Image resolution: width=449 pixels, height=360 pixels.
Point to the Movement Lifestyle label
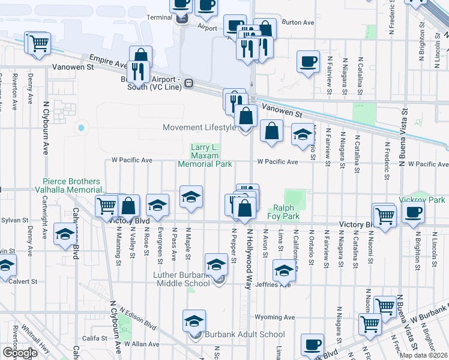coord(200,127)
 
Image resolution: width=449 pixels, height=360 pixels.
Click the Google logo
coord(20,353)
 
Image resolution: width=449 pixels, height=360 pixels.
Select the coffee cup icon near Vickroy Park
coord(413,213)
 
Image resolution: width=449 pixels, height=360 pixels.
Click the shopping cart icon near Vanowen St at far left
coord(38,43)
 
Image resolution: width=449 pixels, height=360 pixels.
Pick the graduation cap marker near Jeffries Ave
coord(284,271)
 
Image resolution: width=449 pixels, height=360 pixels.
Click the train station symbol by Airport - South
coord(188,83)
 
